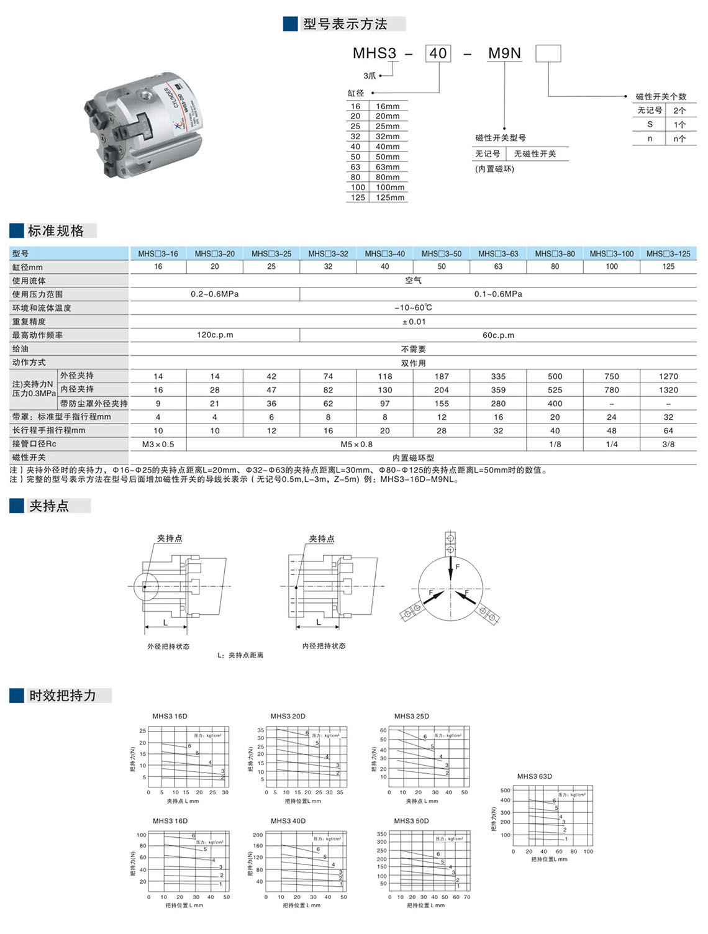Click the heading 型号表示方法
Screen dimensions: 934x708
[345, 24]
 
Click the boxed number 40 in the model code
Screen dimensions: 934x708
[438, 53]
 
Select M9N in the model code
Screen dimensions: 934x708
[504, 53]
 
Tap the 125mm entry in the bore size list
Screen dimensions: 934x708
[389, 197]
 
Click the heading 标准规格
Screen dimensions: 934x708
[56, 231]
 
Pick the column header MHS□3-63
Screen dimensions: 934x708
[498, 253]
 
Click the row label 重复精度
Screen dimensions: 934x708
[29, 322]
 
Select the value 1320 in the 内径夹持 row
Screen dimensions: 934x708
[668, 390]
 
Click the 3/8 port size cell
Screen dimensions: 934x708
[668, 444]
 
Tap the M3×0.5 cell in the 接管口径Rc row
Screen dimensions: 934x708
[158, 444]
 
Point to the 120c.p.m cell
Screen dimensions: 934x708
[215, 335]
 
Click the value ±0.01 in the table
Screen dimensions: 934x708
[414, 322]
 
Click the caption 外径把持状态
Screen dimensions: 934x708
[168, 646]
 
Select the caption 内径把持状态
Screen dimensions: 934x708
[324, 646]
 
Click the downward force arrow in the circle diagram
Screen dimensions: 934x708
[450, 568]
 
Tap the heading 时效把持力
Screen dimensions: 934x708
[63, 696]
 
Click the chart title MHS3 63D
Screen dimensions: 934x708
[534, 776]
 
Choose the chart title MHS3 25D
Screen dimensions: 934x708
[411, 716]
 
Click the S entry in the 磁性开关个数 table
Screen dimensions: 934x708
[650, 124]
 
